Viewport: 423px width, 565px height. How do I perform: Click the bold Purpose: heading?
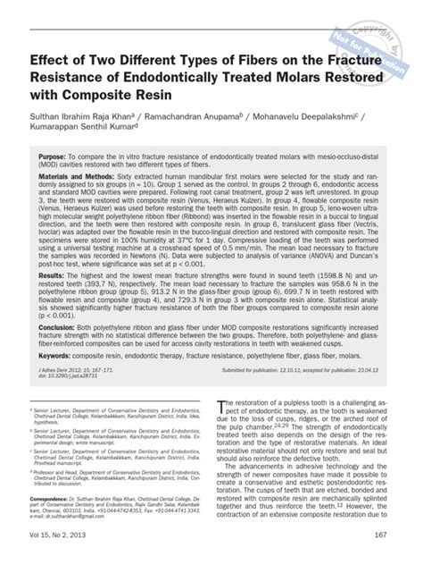(56, 155)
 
